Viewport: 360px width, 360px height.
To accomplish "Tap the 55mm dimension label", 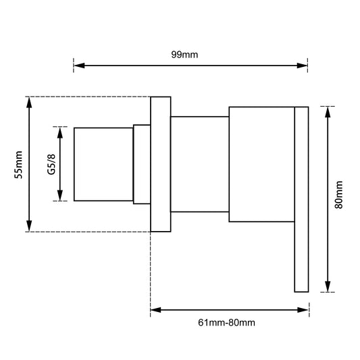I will coord(20,164).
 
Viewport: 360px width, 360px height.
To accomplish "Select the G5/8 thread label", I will coord(51,163).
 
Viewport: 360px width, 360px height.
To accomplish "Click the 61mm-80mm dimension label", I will coord(227,323).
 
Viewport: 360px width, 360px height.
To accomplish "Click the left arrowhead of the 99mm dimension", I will coord(78,66).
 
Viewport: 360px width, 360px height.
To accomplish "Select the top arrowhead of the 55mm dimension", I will coord(28,101).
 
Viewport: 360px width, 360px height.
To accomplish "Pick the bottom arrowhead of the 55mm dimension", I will coord(28,227).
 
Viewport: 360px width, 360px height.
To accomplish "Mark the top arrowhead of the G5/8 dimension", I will coord(61,130).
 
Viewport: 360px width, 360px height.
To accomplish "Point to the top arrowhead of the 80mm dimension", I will coord(327,110).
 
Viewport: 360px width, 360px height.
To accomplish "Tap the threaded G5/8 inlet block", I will coord(103,163).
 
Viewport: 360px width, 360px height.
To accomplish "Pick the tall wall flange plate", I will coord(160,165).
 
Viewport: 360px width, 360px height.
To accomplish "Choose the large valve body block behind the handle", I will coord(261,164).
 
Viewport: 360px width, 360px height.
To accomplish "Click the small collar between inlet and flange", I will coord(141,164).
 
